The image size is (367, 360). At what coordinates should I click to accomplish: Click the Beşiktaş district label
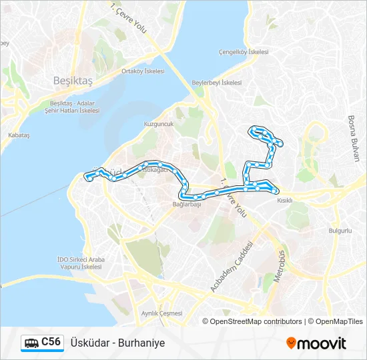click(72, 80)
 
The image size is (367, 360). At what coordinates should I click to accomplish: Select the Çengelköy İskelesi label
click(244, 52)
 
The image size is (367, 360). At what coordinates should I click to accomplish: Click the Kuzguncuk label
click(158, 125)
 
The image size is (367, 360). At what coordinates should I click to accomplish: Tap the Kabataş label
click(19, 135)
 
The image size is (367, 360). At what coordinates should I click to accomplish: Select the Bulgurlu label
click(340, 230)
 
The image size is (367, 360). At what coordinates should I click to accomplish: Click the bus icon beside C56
click(31, 343)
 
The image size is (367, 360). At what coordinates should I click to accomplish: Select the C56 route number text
click(51, 343)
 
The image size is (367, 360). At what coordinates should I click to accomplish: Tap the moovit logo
click(316, 343)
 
